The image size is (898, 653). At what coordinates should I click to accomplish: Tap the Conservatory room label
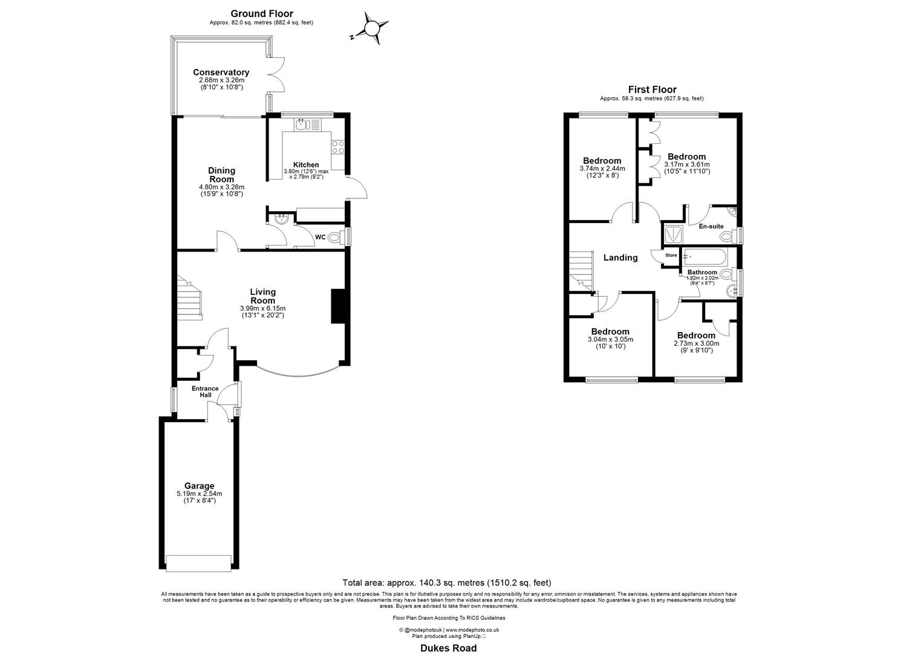(221, 73)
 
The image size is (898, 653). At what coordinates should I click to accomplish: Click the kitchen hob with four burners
(337, 147)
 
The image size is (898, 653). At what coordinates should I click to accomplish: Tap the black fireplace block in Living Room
(336, 307)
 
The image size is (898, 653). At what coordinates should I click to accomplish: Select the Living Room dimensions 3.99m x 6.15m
(262, 308)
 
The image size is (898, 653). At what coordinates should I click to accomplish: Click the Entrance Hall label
(205, 392)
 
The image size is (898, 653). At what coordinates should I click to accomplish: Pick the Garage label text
(200, 486)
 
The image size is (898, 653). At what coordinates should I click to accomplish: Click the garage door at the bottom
(199, 562)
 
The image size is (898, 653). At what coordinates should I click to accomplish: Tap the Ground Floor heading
(261, 13)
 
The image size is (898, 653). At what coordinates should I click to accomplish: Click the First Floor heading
(652, 89)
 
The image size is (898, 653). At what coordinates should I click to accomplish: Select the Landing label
(620, 258)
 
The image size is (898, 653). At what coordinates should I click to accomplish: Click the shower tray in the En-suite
(672, 233)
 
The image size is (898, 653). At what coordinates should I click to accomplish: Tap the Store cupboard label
(671, 255)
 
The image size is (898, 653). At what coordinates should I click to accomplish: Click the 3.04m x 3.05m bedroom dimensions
(610, 339)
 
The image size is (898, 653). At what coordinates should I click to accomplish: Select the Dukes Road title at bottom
(448, 648)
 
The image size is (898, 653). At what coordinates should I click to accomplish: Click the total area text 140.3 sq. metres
(447, 583)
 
